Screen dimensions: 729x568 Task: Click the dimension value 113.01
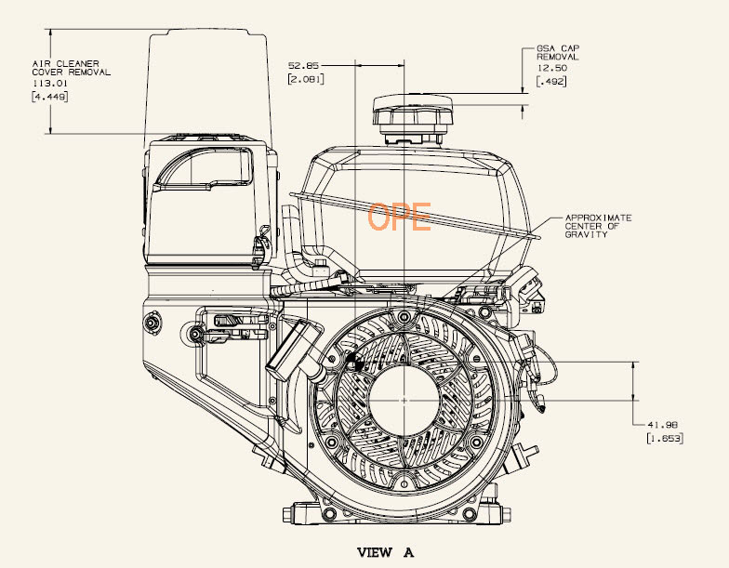pos(50,84)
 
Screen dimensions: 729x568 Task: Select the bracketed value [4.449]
pos(50,97)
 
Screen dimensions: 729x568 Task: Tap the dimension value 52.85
pos(303,65)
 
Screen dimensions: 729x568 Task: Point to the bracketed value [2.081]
pos(306,79)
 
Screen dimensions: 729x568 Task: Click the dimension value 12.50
pos(552,68)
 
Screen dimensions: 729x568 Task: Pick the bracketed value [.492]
pos(551,82)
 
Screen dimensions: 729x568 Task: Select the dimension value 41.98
pos(662,424)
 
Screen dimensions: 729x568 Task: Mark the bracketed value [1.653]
pos(665,438)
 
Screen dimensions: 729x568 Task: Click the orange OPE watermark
pos(400,217)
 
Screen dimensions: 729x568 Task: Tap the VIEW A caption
pos(385,552)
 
